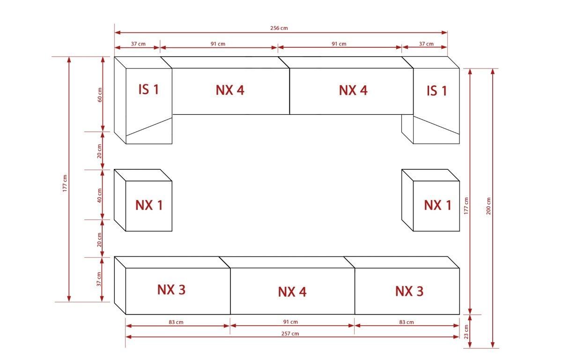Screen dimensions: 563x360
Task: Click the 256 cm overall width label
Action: [x=279, y=28]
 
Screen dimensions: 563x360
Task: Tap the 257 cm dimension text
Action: [x=290, y=334]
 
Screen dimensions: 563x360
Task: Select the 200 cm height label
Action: [x=489, y=206]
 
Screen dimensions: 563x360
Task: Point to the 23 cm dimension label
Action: [x=466, y=332]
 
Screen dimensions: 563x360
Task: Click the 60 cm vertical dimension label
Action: [x=100, y=95]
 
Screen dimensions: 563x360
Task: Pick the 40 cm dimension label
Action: [x=99, y=195]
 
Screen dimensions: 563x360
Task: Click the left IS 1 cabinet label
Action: [x=149, y=90]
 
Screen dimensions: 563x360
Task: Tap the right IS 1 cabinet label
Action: [x=437, y=91]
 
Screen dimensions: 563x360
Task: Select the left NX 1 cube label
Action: [x=149, y=205]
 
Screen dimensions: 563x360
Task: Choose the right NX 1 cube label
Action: [x=437, y=205]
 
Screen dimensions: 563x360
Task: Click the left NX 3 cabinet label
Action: [x=171, y=290]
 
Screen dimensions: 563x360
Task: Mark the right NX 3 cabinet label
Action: [x=409, y=291]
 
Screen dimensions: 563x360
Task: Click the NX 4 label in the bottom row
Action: [x=292, y=292]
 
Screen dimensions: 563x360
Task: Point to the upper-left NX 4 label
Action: [x=230, y=90]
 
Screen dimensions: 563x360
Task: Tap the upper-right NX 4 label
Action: [x=353, y=90]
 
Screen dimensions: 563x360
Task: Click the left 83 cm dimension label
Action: [x=176, y=322]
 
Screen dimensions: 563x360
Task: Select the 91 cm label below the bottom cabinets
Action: [x=290, y=322]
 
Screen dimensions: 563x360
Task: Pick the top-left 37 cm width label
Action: [x=138, y=44]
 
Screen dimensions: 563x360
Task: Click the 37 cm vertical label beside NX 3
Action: [x=99, y=279]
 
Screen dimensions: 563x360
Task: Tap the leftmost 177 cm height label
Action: [x=65, y=183]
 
